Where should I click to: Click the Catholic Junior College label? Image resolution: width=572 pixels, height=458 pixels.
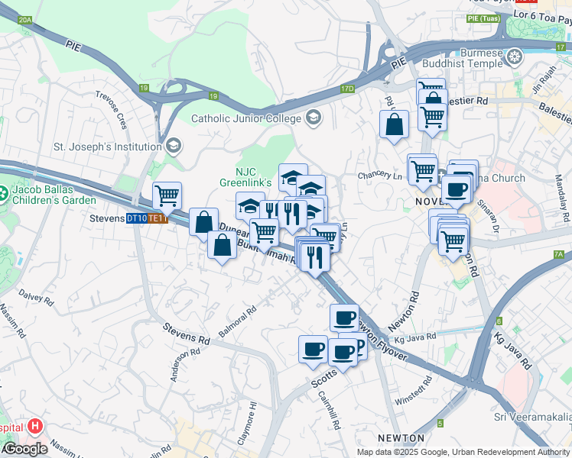[x=245, y=118]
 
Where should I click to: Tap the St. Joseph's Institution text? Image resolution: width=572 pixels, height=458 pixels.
[x=106, y=146]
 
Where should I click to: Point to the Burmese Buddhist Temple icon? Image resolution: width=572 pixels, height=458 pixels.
[x=515, y=55]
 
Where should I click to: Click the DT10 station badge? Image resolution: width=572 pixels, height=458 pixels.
[x=137, y=218]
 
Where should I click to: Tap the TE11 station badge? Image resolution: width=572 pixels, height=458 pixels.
[x=158, y=218]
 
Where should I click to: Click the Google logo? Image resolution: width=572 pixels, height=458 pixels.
[x=24, y=449]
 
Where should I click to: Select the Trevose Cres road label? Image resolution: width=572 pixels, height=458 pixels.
[x=111, y=109]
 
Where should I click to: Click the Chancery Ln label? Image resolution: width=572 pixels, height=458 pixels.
[x=379, y=176]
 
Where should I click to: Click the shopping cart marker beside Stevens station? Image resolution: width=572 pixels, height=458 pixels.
[x=166, y=195]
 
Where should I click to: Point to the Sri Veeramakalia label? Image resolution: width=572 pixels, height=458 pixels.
[x=531, y=416]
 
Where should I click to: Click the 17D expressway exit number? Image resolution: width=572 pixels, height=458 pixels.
[x=348, y=89]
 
